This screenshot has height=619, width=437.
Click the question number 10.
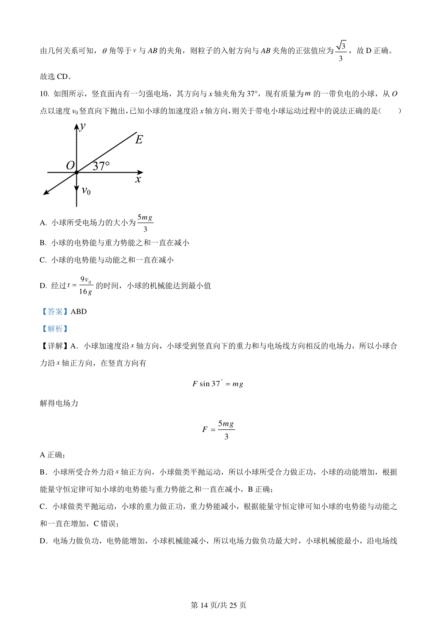44,94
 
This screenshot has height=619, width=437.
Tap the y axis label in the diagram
83,126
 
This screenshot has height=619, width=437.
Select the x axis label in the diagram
138,179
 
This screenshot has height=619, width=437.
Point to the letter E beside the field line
139,140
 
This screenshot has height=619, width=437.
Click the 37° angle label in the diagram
101,166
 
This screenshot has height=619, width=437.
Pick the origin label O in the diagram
70,166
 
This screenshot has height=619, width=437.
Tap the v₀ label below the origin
86,190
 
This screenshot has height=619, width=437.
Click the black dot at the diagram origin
76,172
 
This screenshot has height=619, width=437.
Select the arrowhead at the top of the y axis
76,126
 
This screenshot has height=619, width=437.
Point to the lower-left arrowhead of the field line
46,192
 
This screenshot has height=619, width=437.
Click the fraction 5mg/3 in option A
145,223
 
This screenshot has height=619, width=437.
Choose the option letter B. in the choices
43,243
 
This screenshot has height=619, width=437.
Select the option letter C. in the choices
43,260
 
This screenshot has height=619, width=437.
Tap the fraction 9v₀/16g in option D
86,285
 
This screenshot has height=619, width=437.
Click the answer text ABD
79,311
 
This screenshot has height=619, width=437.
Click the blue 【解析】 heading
54,328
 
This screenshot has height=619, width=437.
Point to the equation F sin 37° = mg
217,384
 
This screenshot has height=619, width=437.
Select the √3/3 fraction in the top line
341,51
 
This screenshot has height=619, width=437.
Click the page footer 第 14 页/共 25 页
219,605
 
